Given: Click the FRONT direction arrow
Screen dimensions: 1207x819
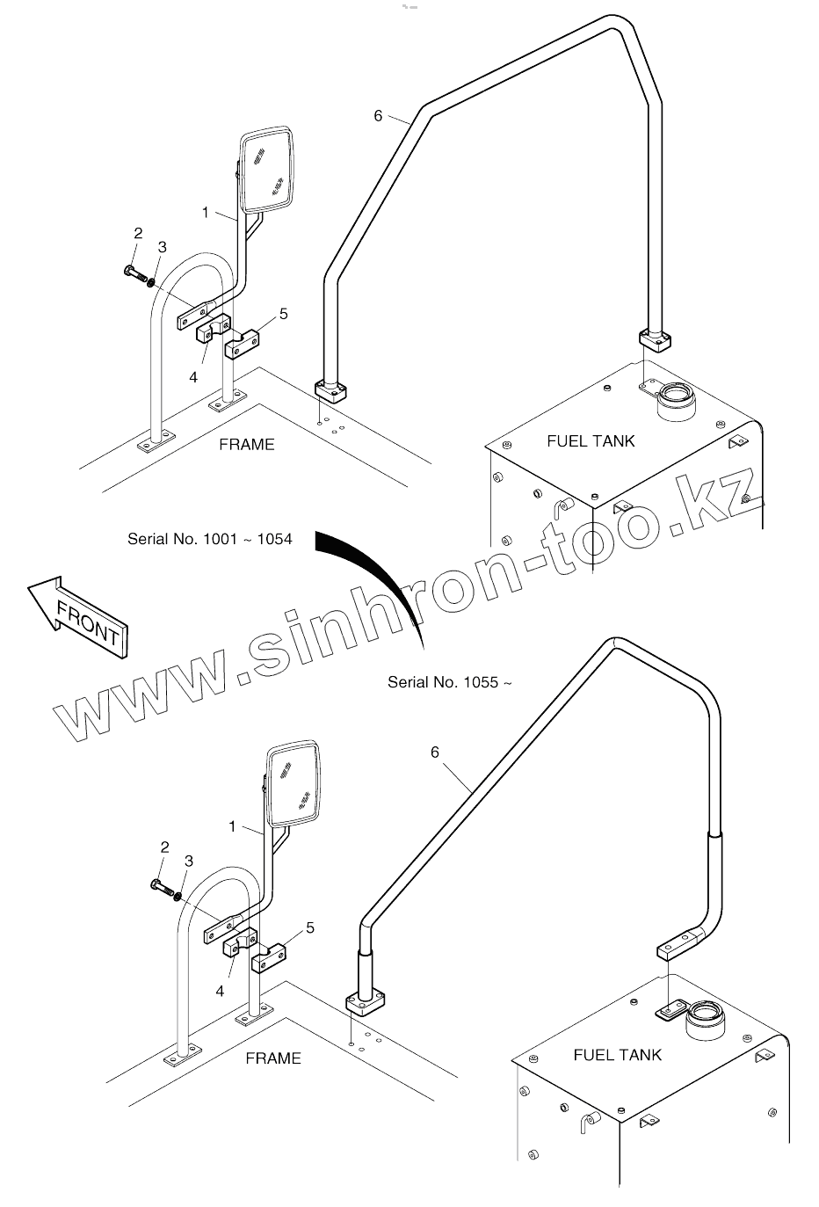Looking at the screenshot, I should click(x=77, y=616).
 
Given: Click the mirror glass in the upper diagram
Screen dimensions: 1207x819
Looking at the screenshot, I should click(x=267, y=171).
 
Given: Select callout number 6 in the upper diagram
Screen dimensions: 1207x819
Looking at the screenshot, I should click(x=378, y=115).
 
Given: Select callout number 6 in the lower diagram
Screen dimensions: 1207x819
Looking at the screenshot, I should click(x=435, y=752).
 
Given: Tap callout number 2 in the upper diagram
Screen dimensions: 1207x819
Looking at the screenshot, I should click(x=138, y=233).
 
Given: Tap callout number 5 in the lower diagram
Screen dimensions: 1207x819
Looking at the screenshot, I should click(x=309, y=927).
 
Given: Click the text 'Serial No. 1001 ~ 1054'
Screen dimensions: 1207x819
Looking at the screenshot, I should click(x=209, y=539).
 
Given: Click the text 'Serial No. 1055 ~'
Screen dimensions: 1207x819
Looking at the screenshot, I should click(x=449, y=681).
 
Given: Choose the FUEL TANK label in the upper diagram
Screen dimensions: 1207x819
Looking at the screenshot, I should click(x=591, y=440).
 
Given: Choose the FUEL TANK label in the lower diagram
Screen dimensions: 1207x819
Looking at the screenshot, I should click(x=617, y=1054).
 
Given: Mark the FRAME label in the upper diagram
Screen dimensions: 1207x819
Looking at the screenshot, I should click(x=246, y=444).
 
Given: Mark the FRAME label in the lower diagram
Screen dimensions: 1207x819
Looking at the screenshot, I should click(x=272, y=1058).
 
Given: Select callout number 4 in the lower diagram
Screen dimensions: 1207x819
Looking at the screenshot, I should click(x=220, y=991).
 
